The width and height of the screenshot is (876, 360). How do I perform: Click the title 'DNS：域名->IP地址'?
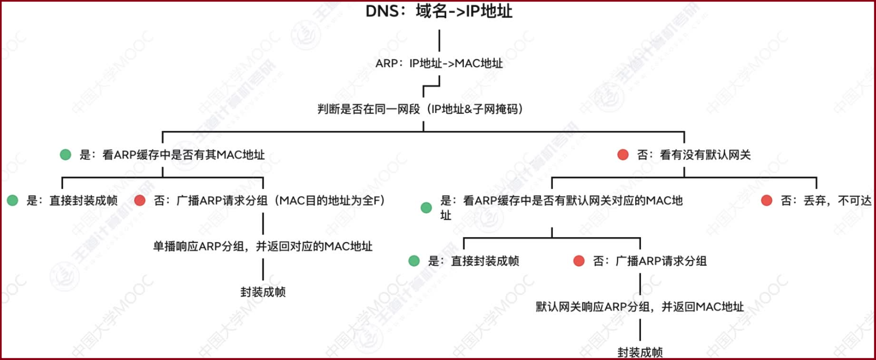pyautogui.click(x=439, y=11)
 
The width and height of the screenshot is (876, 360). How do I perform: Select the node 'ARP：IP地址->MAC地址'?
pyautogui.click(x=439, y=64)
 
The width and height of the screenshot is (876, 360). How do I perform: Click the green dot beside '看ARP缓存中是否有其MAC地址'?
pyautogui.click(x=66, y=155)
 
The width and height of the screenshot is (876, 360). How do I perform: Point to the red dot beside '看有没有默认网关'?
pyautogui.click(x=623, y=155)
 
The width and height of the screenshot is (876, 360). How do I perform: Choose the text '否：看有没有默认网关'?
pyautogui.click(x=694, y=155)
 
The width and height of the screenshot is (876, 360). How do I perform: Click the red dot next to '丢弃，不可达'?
pyautogui.click(x=767, y=200)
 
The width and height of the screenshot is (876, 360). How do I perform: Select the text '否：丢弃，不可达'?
pyautogui.click(x=826, y=200)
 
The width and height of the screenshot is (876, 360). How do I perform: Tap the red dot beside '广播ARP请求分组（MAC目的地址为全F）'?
pyautogui.click(x=140, y=200)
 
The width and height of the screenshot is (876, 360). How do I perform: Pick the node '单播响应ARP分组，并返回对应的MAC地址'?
pyautogui.click(x=262, y=246)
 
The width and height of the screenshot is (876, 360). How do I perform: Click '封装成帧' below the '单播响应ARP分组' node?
pyautogui.click(x=263, y=292)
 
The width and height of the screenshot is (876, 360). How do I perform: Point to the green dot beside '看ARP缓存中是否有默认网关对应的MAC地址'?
pyautogui.click(x=426, y=208)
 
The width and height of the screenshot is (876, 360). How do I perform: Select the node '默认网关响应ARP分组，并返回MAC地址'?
pyautogui.click(x=639, y=307)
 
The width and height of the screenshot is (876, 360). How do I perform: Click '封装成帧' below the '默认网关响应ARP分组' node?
pyautogui.click(x=640, y=353)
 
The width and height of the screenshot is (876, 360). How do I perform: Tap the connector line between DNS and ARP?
pyautogui.click(x=439, y=40)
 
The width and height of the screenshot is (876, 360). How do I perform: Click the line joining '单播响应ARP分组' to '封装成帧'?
pyautogui.click(x=263, y=269)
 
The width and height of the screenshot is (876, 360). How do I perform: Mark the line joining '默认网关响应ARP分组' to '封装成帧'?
pyautogui.click(x=640, y=330)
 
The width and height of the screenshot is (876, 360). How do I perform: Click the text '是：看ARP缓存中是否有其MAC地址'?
pyautogui.click(x=172, y=155)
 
